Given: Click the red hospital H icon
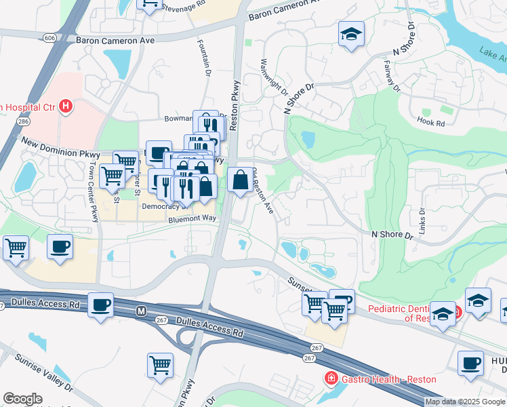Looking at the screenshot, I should point(66,106).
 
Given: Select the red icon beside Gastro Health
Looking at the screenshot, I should point(331,378).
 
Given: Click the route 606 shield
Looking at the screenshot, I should point(51,39).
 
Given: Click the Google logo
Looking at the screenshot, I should point(22,399).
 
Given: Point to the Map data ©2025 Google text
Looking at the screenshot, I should point(464,402).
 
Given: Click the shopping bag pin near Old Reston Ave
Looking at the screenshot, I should point(240,181).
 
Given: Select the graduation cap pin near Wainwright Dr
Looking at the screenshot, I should point(351,35).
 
